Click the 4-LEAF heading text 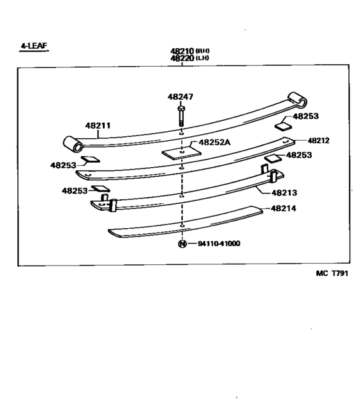(34, 46)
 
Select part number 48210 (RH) (190, 51)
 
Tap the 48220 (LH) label (190, 58)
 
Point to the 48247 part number (181, 97)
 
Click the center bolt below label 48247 (181, 116)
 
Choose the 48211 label (98, 125)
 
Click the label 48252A (215, 142)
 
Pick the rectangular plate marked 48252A (181, 153)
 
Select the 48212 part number (318, 140)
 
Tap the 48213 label (284, 193)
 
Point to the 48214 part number (283, 208)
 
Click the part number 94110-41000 (219, 244)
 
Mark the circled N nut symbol (183, 244)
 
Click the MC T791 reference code (332, 273)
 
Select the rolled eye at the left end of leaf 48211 (73, 144)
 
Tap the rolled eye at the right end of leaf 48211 (298, 99)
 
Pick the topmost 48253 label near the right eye (305, 116)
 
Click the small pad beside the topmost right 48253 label (283, 126)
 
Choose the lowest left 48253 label (75, 191)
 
